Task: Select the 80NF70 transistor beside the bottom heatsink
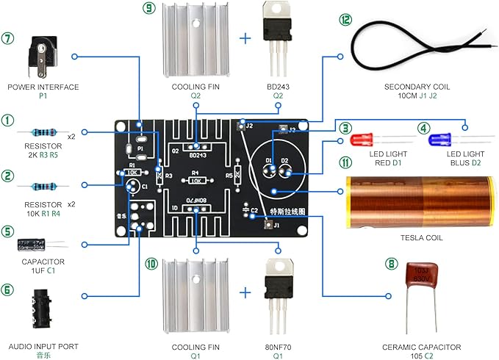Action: (277, 290)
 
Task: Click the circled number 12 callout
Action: (345, 20)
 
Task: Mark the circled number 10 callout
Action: (151, 262)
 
